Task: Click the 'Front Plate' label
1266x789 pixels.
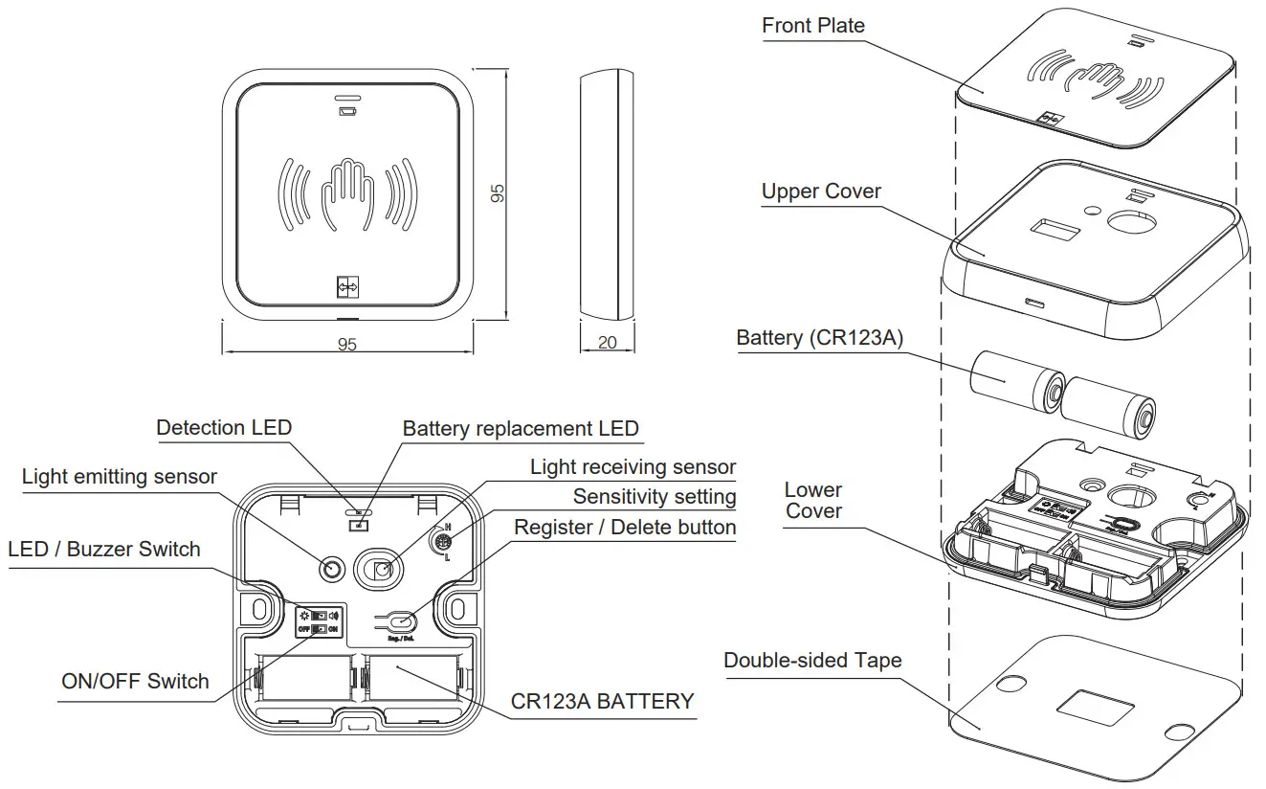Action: click(812, 26)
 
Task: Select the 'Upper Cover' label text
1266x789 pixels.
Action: click(821, 192)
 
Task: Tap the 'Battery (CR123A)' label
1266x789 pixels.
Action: click(819, 338)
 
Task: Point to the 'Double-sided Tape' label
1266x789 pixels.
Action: click(812, 660)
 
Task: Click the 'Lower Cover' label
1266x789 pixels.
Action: click(813, 501)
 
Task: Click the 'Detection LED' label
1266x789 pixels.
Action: click(224, 427)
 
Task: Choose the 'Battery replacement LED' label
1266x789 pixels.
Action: click(520, 428)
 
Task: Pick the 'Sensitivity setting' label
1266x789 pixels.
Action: click(655, 497)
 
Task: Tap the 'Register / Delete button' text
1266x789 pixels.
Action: click(625, 528)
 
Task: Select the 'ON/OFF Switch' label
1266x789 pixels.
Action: click(135, 682)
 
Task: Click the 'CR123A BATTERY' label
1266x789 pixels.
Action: click(602, 701)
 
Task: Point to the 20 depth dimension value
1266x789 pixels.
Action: click(607, 343)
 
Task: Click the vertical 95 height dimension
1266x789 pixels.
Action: click(497, 192)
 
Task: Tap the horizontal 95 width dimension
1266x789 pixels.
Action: click(347, 344)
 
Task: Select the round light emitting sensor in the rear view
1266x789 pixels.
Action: click(332, 570)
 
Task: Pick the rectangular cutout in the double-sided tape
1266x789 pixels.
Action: click(1097, 710)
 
